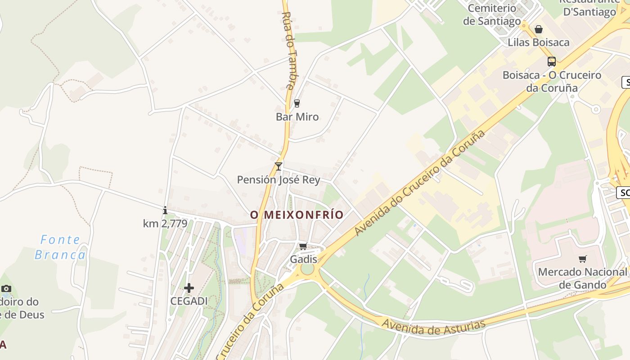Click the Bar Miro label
297,117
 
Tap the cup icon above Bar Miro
297,103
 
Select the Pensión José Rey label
279,180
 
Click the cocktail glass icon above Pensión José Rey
279,166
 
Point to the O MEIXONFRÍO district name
297,215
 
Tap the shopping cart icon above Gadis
303,246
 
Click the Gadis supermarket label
303,260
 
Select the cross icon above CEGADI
189,288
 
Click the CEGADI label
189,301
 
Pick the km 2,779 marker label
165,223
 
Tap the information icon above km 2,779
165,210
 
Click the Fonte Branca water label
60,247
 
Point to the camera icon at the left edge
6,288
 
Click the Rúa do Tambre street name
290,49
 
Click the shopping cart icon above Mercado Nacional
583,259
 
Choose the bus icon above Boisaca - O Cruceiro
552,62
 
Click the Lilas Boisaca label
539,43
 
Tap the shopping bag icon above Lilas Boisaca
539,30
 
